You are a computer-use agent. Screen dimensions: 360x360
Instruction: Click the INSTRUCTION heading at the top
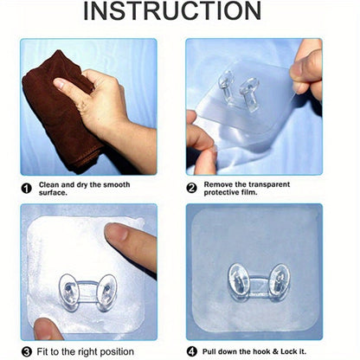(172, 11)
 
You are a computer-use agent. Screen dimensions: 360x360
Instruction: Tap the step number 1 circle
(27, 189)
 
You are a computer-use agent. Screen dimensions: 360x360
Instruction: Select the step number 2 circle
(191, 188)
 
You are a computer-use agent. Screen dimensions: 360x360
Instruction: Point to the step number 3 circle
(27, 352)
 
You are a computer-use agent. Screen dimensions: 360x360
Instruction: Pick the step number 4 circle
(191, 351)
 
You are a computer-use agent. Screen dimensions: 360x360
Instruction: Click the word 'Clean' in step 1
(49, 184)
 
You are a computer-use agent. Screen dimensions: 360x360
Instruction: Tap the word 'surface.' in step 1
(53, 193)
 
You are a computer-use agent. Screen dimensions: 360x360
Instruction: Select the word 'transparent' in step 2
(269, 184)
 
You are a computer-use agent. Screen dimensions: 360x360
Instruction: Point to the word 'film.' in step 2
(249, 192)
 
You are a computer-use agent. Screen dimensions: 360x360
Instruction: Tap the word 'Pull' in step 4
(209, 351)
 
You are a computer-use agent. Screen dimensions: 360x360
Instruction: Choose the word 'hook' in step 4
(261, 351)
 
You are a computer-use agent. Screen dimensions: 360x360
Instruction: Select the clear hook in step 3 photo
(87, 292)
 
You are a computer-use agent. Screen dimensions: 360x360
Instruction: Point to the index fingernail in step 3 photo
(115, 231)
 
